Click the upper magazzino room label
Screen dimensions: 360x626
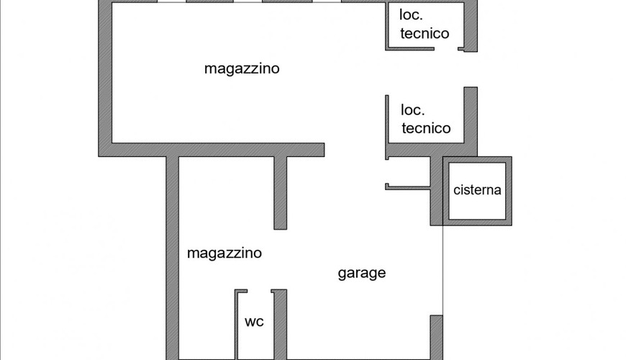click(242, 69)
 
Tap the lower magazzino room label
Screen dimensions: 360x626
click(224, 253)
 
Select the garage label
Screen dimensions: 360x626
click(362, 273)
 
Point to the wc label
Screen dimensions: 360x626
click(254, 322)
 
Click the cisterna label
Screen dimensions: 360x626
click(477, 191)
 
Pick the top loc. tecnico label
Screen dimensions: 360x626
click(424, 24)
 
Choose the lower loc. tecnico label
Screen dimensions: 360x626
click(425, 119)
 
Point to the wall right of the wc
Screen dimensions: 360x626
click(280, 324)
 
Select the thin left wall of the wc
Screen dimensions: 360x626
click(236, 324)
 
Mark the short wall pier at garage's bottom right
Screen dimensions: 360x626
click(436, 336)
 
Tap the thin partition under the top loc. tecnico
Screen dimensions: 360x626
click(410, 49)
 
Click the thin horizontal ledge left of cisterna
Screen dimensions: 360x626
click(407, 187)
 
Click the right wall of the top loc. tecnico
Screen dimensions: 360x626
click(471, 25)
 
